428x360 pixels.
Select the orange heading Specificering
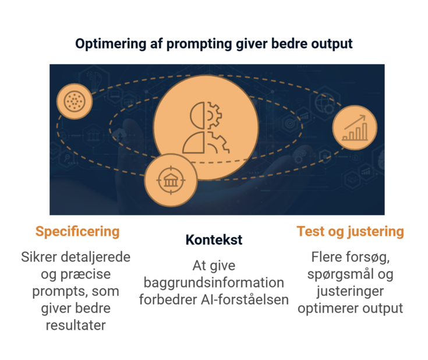click(77, 231)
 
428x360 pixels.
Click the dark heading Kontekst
click(214, 240)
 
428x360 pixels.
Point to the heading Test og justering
click(350, 231)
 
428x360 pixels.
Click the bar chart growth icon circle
click(354, 128)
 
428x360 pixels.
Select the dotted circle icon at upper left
click(75, 101)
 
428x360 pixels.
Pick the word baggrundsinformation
click(214, 283)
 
